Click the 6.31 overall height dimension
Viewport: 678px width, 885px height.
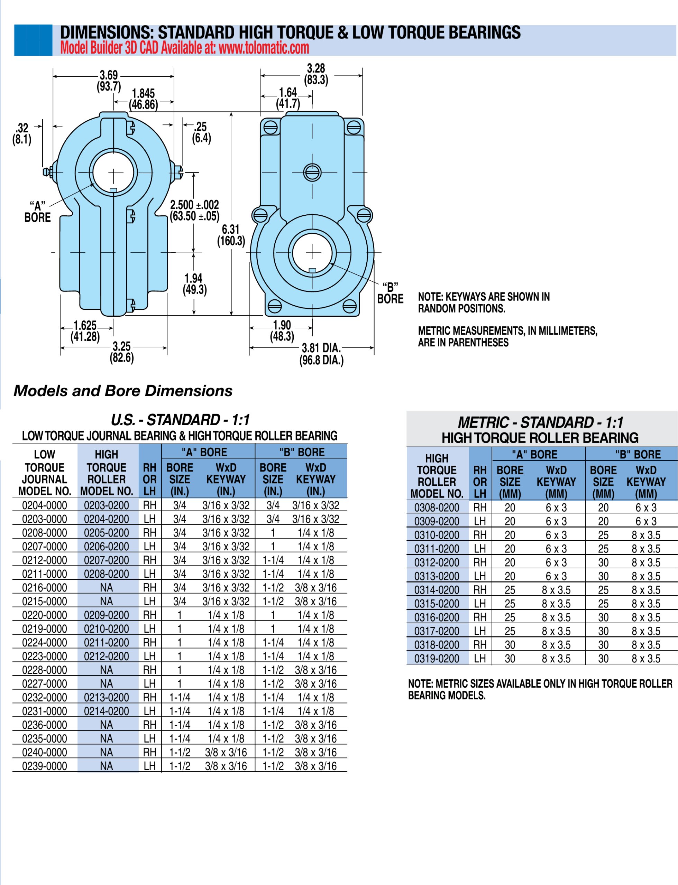(231, 230)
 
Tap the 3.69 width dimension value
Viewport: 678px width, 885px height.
(109, 75)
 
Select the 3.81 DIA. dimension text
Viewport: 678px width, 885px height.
(321, 348)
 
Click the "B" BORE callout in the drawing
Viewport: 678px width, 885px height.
(390, 293)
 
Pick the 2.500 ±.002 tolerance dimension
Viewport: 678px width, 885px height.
(194, 205)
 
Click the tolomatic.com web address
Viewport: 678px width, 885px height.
(264, 48)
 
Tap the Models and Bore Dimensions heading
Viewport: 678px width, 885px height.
(123, 391)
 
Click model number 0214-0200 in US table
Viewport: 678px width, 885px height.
(107, 711)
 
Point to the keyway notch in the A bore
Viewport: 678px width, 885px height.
(113, 190)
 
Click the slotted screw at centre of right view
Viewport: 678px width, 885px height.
(312, 172)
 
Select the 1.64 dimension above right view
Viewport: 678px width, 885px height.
(288, 92)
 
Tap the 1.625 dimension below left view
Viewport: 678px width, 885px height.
(85, 325)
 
